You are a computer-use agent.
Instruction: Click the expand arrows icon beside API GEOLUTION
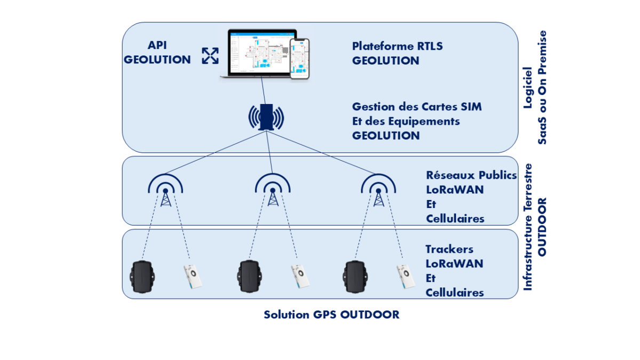click(210, 55)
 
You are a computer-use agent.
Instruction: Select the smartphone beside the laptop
click(299, 59)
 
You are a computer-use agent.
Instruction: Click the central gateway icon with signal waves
click(266, 117)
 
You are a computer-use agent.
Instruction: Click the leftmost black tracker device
click(143, 276)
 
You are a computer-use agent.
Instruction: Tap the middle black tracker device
click(250, 276)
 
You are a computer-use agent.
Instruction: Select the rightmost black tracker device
click(354, 276)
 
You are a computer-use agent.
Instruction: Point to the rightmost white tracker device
click(406, 276)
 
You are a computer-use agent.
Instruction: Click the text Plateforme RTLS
click(397, 46)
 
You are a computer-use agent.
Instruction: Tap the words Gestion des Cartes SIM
click(417, 107)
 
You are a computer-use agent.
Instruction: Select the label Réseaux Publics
click(471, 175)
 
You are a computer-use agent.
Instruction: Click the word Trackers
click(449, 249)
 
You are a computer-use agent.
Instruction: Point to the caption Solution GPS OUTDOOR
click(331, 315)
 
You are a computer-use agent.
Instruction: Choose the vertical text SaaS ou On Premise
click(542, 87)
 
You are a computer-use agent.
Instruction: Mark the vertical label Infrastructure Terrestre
click(528, 227)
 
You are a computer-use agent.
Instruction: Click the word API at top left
click(157, 46)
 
